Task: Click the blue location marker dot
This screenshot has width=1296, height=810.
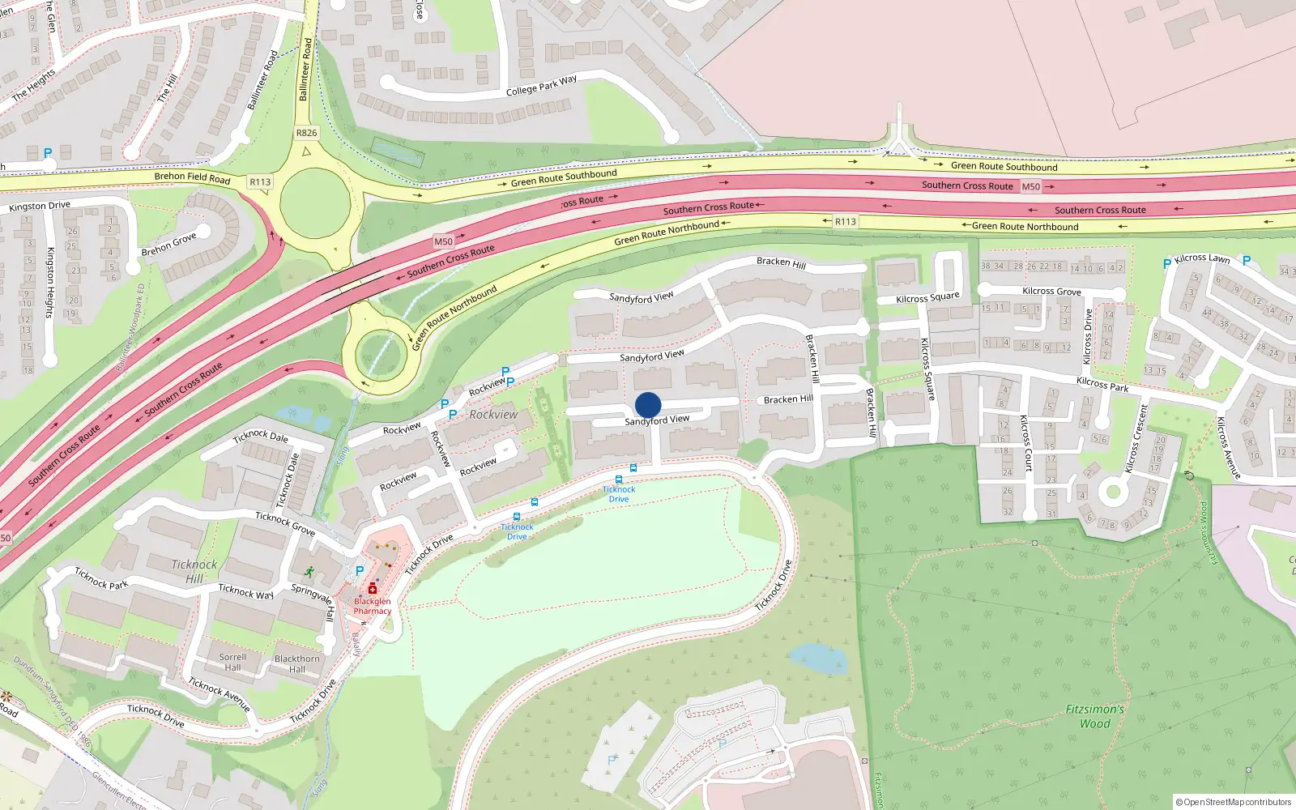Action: [x=648, y=405]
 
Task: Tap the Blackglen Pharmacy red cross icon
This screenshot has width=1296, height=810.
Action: [x=373, y=589]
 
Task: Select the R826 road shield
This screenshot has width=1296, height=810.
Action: [x=306, y=133]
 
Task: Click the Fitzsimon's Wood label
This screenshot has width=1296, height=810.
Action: [x=1094, y=716]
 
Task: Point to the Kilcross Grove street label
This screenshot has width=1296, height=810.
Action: [x=1051, y=292]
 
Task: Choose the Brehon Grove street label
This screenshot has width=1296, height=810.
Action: [x=168, y=244]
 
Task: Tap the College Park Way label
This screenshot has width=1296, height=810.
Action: [x=541, y=85]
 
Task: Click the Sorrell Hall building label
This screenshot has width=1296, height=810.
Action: [x=232, y=663]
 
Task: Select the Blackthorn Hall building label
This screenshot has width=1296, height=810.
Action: [x=297, y=663]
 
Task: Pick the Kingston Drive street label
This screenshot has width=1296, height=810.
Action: [x=40, y=207]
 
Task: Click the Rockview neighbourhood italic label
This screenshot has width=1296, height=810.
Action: [x=493, y=415]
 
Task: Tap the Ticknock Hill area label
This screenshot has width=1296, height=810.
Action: [x=194, y=571]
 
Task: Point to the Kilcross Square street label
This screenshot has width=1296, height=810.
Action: [x=927, y=298]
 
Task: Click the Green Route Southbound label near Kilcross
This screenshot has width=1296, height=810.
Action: [x=1004, y=166]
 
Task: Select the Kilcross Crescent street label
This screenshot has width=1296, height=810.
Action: [x=1136, y=438]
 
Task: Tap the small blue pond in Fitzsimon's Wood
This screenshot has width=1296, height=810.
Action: [x=818, y=659]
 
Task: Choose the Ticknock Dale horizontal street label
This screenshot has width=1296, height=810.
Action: [x=260, y=437]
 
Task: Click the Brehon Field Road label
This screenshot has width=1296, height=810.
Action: [x=192, y=177]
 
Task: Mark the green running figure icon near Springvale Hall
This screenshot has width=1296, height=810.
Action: [x=308, y=571]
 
